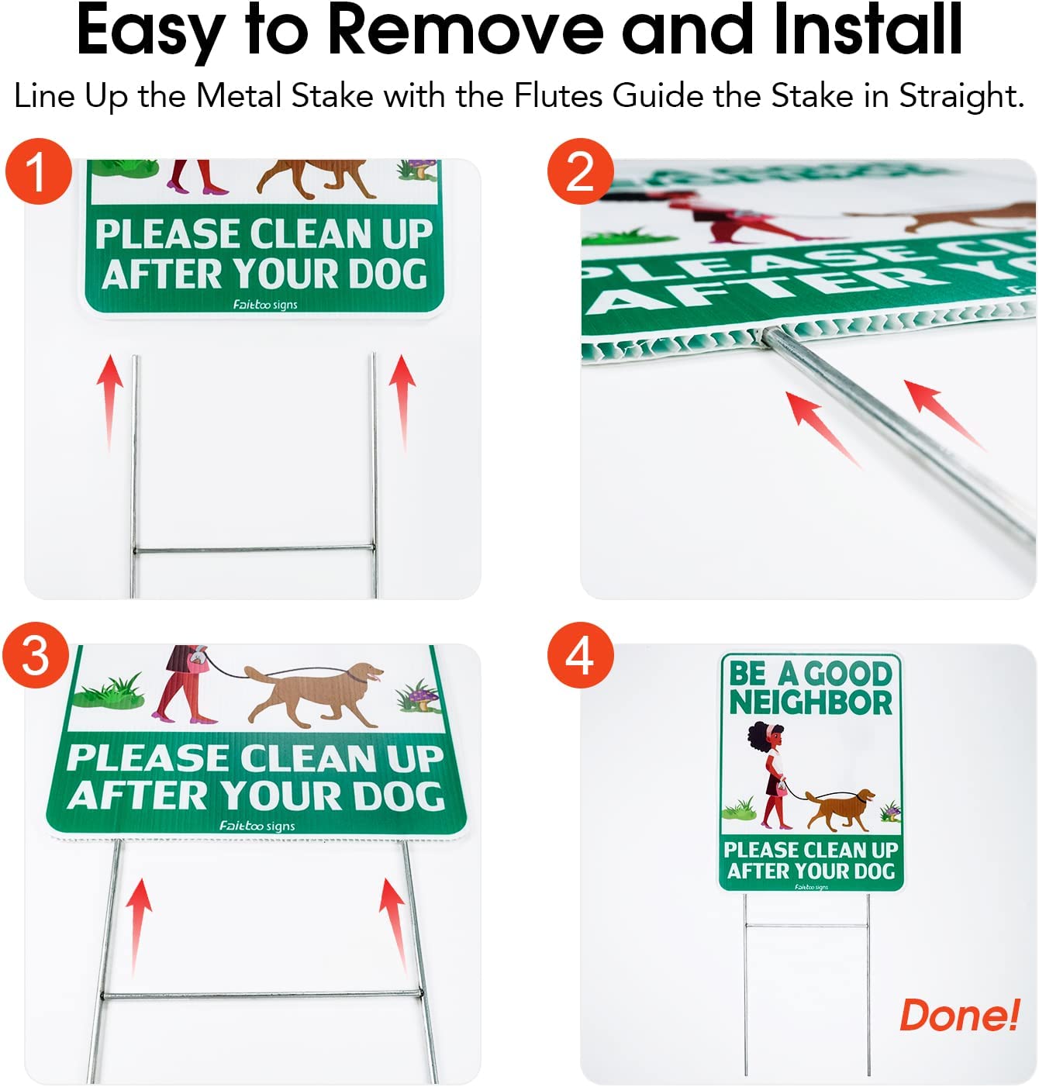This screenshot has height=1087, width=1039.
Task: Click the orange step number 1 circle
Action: click(38, 172)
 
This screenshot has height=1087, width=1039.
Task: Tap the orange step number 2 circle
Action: click(580, 172)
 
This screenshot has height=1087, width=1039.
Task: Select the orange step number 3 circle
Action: click(36, 656)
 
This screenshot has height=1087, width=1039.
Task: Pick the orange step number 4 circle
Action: click(580, 656)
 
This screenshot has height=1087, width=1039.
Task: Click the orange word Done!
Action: click(959, 1016)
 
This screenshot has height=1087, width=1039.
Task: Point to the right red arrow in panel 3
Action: click(393, 923)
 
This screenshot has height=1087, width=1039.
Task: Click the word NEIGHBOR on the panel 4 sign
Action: click(811, 702)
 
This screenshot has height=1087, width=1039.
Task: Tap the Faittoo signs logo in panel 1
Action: click(265, 305)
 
